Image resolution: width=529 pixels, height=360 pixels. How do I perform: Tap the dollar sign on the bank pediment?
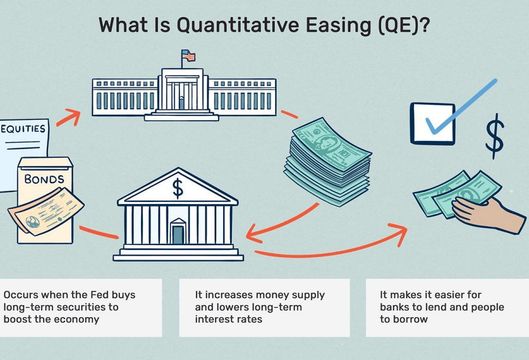coord(178,189)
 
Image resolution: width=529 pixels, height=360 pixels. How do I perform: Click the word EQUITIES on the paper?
coord(23,128)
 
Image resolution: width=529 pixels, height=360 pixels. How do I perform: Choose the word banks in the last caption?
coord(394,307)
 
